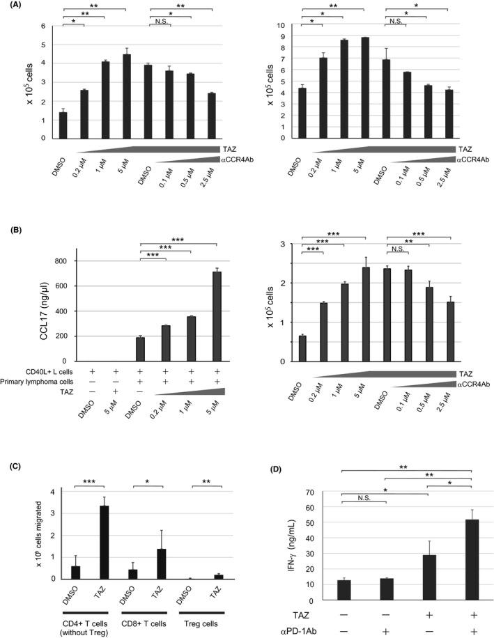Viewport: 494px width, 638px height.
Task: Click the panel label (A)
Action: coord(11,6)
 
